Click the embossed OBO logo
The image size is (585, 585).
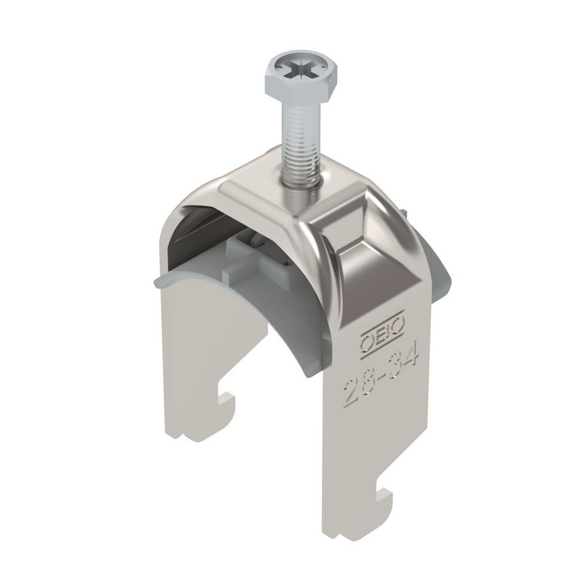pos(377,341)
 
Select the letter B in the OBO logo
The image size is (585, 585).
pos(377,341)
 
